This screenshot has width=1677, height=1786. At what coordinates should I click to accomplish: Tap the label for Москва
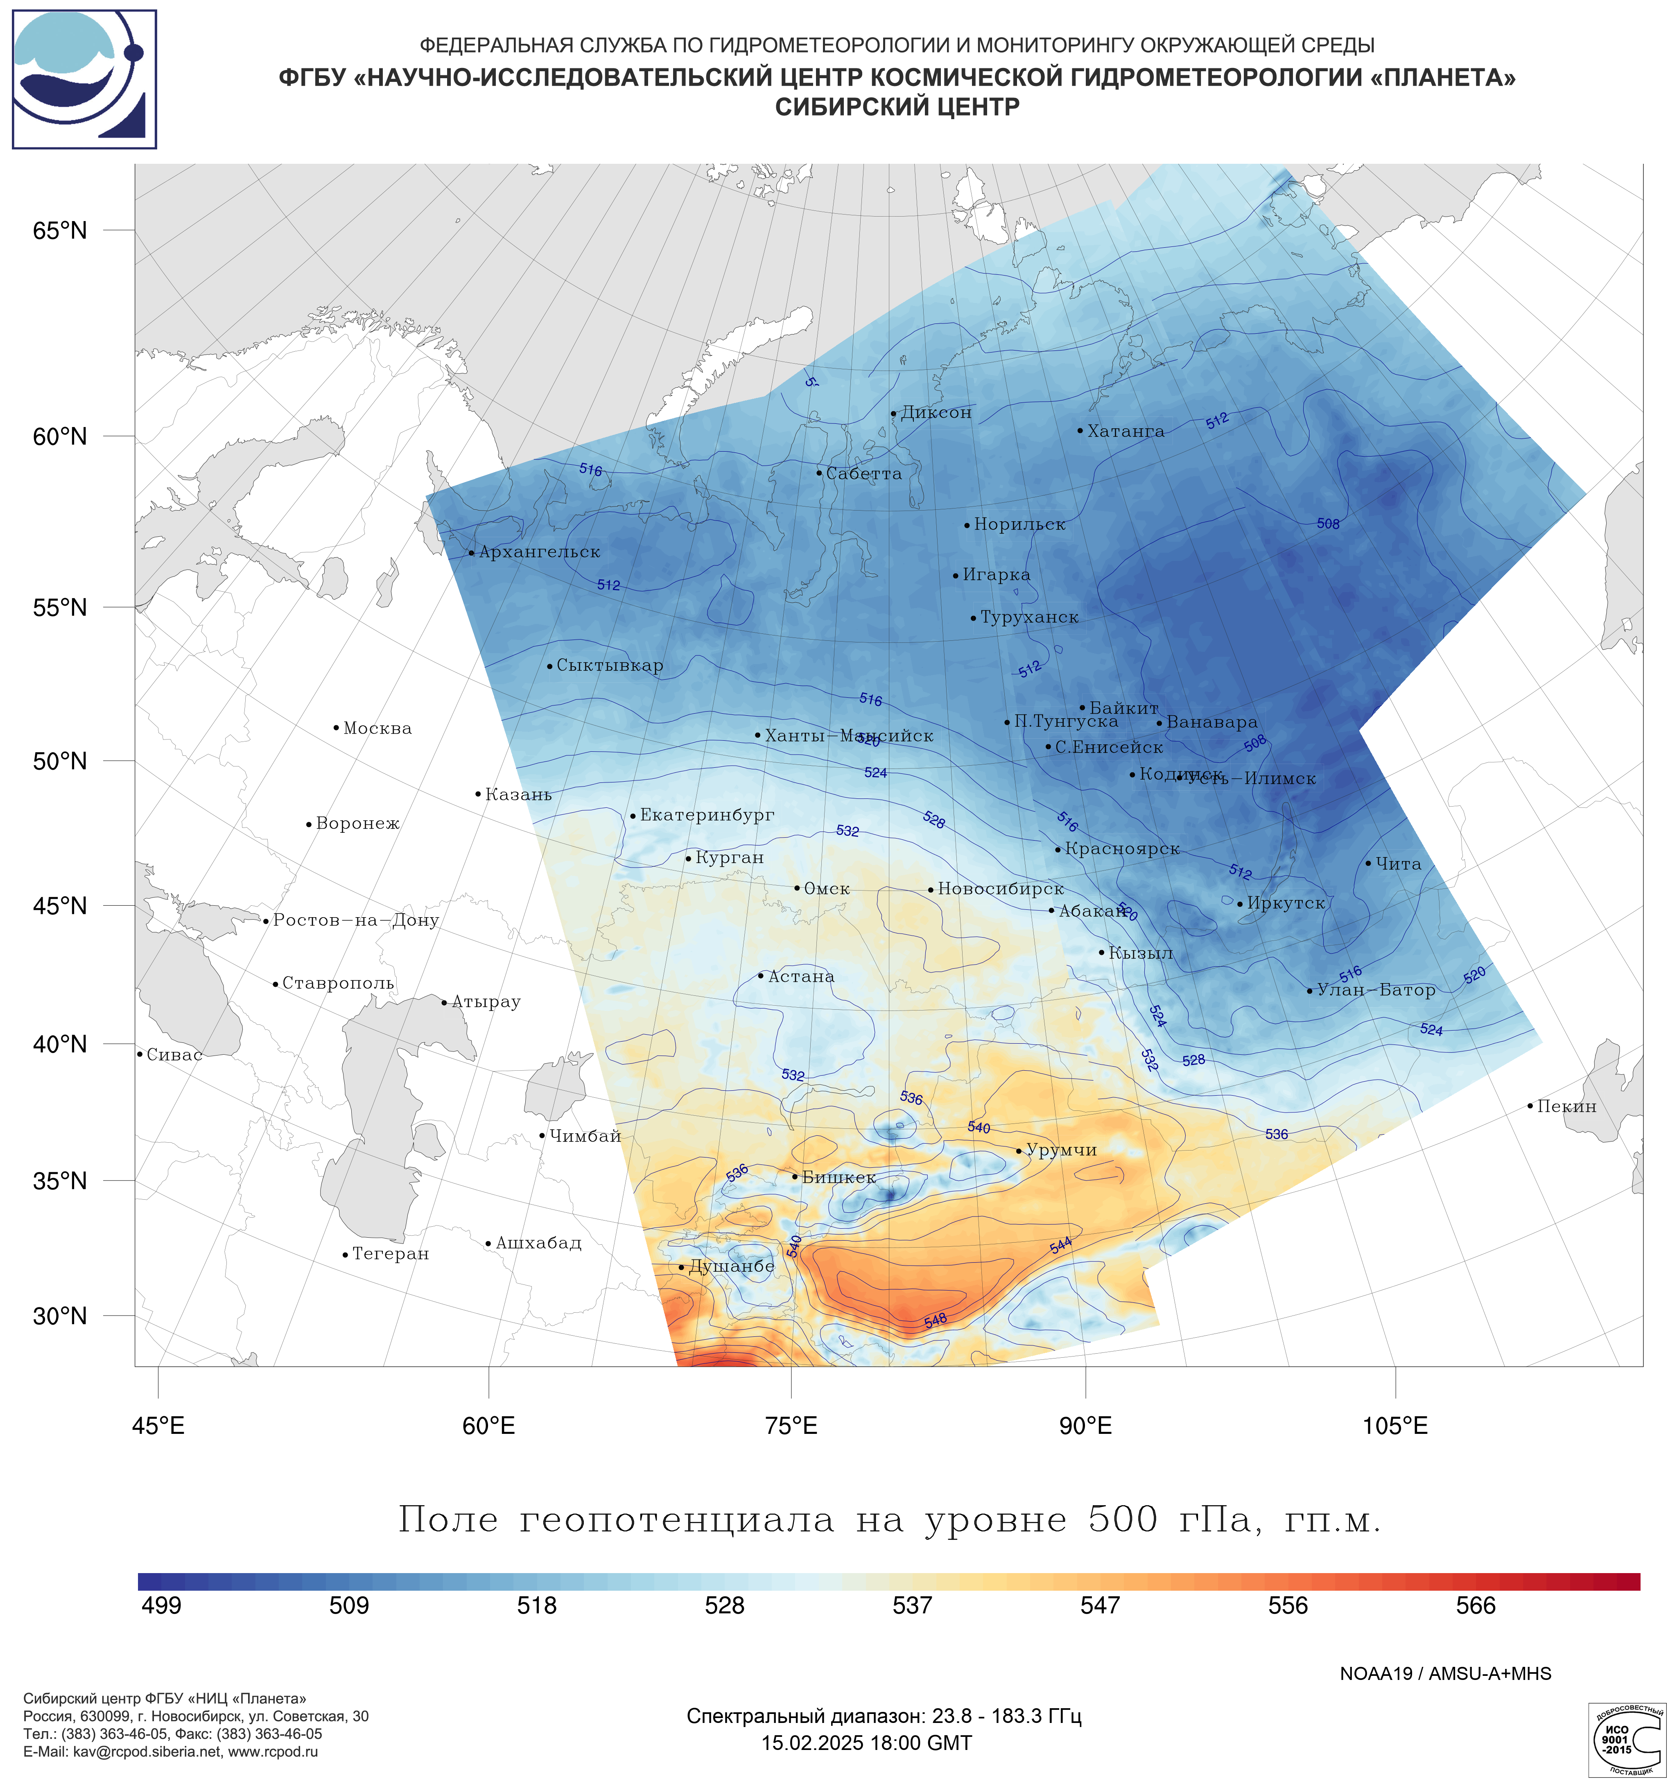[377, 728]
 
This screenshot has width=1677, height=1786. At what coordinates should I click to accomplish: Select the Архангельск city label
[539, 552]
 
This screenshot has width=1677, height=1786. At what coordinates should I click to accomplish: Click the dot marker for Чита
[1368, 864]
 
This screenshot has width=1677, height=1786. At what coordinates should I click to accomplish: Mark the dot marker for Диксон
[893, 414]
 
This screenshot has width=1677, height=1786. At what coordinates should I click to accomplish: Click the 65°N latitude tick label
[60, 231]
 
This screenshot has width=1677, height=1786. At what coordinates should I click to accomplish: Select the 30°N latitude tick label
[60, 1316]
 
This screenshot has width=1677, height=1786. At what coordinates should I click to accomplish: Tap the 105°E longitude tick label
[1395, 1426]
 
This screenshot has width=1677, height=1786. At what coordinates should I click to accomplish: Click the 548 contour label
[935, 1320]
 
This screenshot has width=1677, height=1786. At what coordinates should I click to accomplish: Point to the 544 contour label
[1061, 1245]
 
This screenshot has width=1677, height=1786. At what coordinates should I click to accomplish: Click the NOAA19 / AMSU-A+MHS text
[1445, 1674]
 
